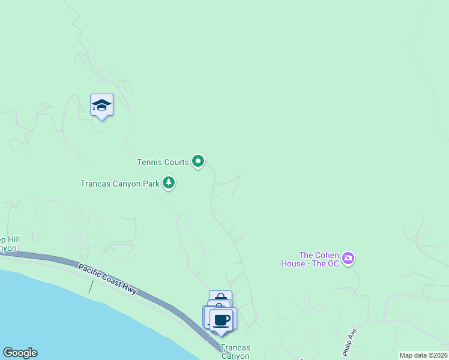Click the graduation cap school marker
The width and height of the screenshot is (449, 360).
(x=101, y=106)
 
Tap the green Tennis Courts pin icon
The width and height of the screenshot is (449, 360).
(x=198, y=161)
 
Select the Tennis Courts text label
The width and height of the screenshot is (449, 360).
(x=162, y=162)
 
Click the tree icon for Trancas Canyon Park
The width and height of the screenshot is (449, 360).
(x=169, y=183)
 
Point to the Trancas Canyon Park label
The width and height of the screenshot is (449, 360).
(x=120, y=184)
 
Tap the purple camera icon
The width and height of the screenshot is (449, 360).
(x=349, y=259)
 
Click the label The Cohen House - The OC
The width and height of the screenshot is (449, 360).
(x=310, y=259)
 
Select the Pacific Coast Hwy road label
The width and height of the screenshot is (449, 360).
(x=108, y=277)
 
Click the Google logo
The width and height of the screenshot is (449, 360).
(x=20, y=353)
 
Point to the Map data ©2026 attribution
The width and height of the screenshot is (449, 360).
(x=423, y=355)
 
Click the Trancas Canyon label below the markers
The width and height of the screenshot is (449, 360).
(x=235, y=352)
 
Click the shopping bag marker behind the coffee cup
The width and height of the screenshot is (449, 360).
(x=220, y=297)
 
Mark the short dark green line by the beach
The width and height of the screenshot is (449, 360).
(x=91, y=287)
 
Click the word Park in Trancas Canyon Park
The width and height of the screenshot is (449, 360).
(x=151, y=184)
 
